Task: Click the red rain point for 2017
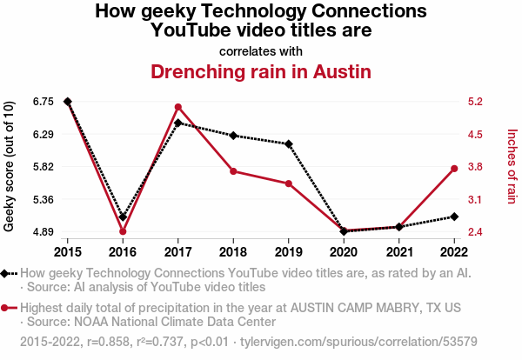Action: [x=178, y=107]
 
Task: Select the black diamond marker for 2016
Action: [x=123, y=217]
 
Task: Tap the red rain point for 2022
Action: [x=454, y=169]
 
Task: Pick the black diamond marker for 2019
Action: [x=289, y=144]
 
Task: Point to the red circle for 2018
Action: [x=233, y=171]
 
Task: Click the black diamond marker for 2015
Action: [x=68, y=102]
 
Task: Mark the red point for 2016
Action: [x=123, y=231]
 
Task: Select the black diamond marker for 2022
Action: [x=454, y=217]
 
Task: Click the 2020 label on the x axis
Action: [x=344, y=252]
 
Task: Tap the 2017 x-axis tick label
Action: [x=178, y=252]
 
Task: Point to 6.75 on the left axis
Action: [x=43, y=102]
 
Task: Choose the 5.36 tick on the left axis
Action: [x=43, y=200]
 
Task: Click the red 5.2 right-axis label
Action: [x=475, y=102]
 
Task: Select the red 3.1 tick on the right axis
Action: [x=475, y=200]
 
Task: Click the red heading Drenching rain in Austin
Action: [x=261, y=71]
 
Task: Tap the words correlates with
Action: [x=261, y=51]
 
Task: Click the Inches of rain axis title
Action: [x=512, y=166]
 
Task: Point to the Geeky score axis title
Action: [x=9, y=166]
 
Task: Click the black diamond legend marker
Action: [x=4, y=274]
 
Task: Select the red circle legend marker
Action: [x=4, y=308]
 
